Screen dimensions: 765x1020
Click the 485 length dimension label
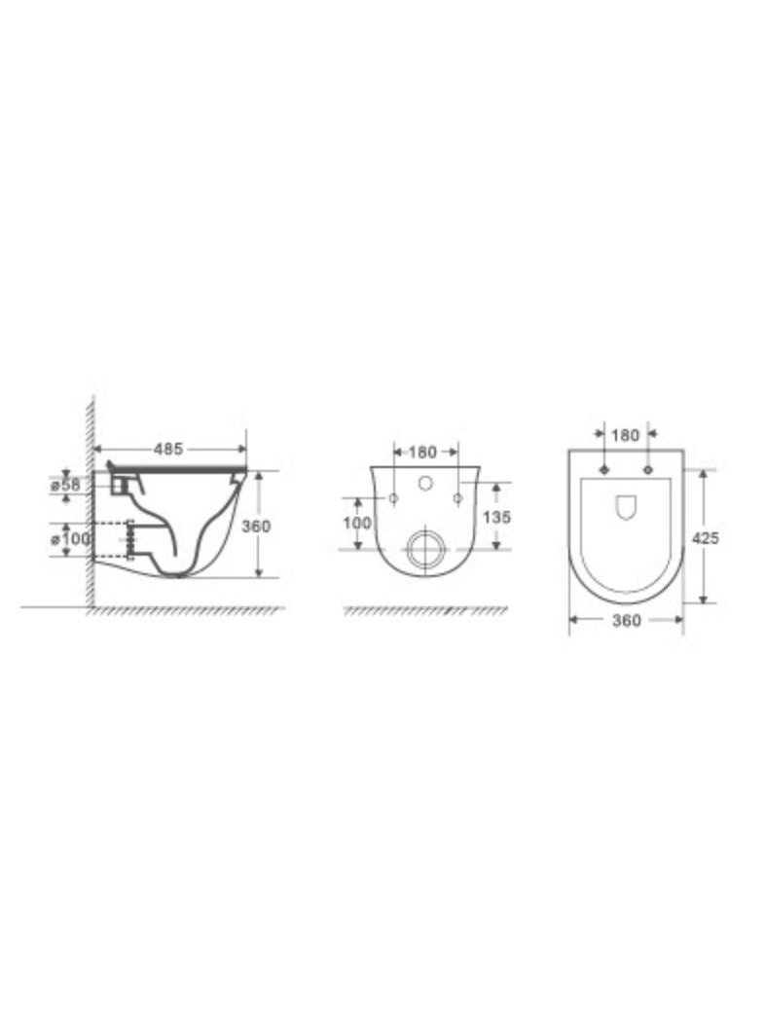pos(168,449)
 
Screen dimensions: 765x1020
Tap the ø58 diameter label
pos(66,486)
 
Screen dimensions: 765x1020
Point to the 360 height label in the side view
pos(256,526)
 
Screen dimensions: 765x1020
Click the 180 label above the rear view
pos(422,452)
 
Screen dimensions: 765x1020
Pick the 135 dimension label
pos(497,517)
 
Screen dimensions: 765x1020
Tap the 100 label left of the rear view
pos(356,523)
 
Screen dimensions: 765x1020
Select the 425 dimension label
pos(706,538)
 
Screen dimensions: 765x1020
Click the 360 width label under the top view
pos(627,621)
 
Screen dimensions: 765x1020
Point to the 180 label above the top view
pos(626,435)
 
